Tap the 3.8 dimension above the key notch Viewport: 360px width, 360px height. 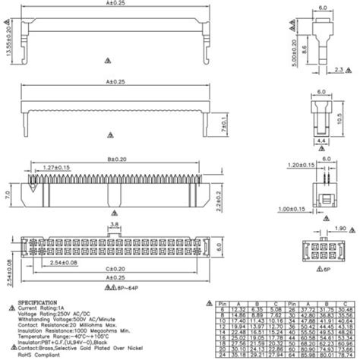click(112, 225)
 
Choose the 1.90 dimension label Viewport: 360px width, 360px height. click(339, 228)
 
